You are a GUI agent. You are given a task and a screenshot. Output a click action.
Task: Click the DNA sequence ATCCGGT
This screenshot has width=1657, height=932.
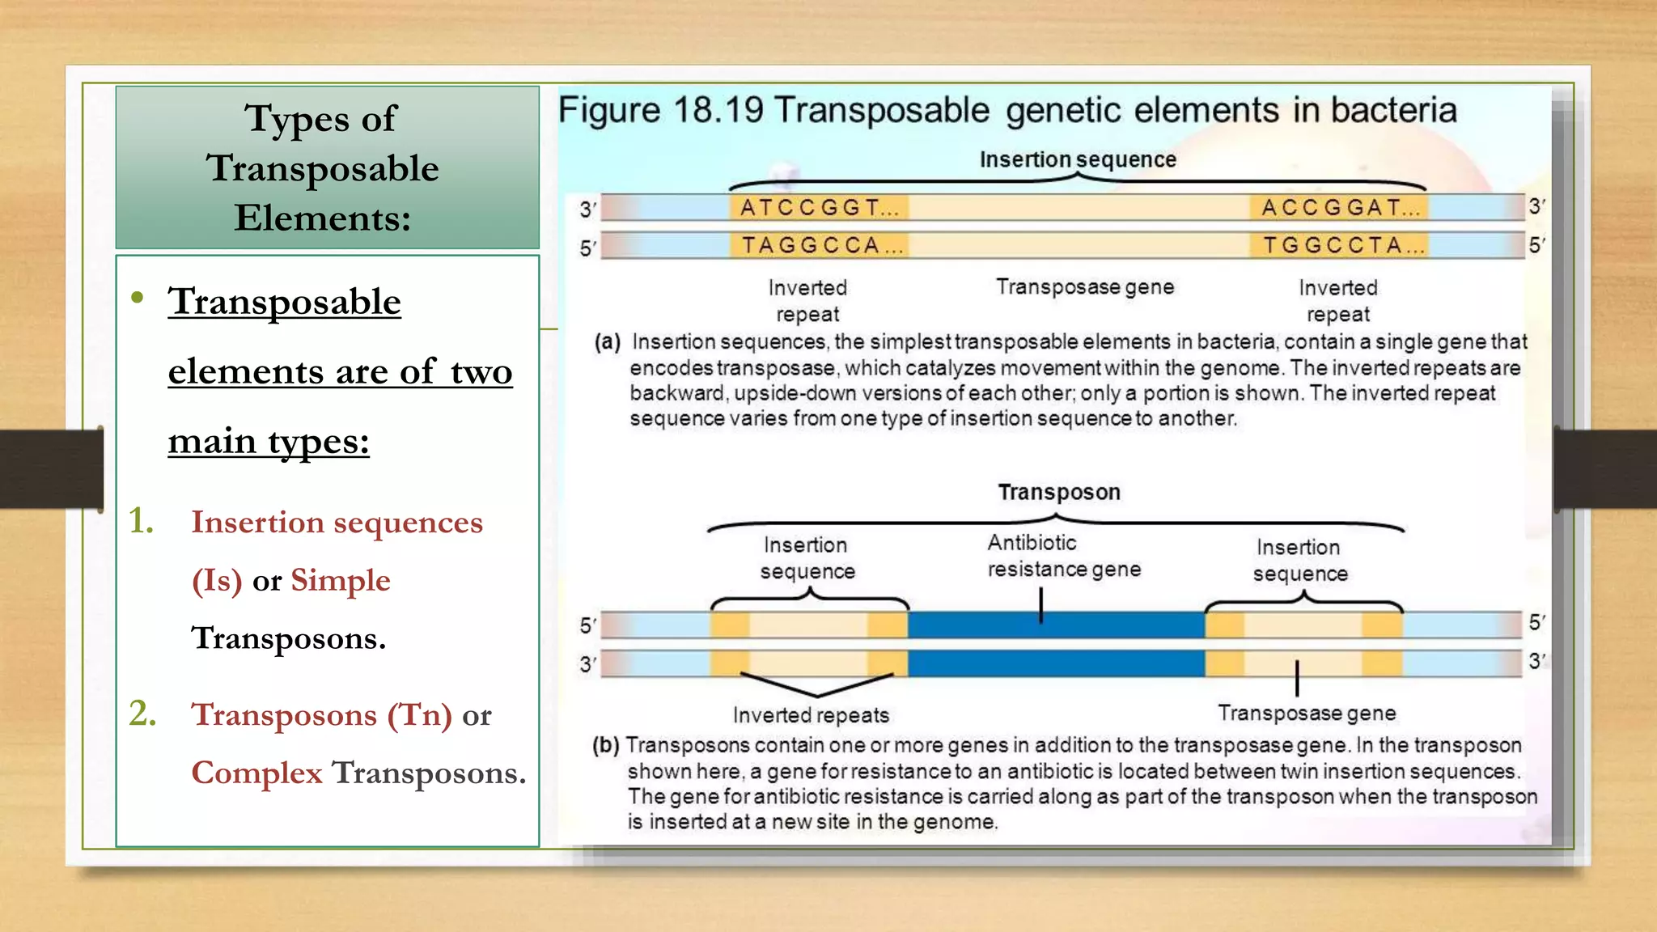pyautogui.click(x=817, y=208)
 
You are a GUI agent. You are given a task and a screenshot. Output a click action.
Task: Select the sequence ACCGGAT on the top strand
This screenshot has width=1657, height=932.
pyautogui.click(x=1338, y=208)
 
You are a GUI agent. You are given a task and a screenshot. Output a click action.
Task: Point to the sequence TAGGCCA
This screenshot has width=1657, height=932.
pyautogui.click(x=817, y=245)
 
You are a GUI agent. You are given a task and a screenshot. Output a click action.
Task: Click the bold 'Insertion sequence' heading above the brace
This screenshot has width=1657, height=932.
pyautogui.click(x=1078, y=159)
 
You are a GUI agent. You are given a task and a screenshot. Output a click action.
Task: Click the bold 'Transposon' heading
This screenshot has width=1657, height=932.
pyautogui.click(x=1059, y=492)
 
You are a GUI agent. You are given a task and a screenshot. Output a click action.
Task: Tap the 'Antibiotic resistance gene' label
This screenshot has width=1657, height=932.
pyautogui.click(x=1063, y=556)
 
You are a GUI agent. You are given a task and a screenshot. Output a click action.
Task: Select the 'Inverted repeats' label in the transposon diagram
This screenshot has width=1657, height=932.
pyautogui.click(x=811, y=715)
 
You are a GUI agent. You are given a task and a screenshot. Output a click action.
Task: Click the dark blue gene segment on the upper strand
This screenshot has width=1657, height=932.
pyautogui.click(x=1056, y=625)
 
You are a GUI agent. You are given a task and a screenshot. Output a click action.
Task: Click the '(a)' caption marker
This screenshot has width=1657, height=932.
pyautogui.click(x=608, y=341)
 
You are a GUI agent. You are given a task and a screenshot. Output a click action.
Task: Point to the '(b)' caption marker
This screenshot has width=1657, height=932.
pyautogui.click(x=606, y=744)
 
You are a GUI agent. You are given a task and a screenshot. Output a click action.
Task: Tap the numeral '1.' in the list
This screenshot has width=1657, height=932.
pyautogui.click(x=142, y=521)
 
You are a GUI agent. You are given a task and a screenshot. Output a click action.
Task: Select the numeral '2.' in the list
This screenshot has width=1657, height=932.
pyautogui.click(x=142, y=714)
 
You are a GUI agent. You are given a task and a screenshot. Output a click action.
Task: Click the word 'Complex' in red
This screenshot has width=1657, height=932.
pyautogui.click(x=256, y=773)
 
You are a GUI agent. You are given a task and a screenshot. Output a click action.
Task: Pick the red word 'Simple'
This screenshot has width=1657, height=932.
pyautogui.click(x=340, y=580)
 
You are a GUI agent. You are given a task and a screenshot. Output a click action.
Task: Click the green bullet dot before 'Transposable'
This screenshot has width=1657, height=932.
pyautogui.click(x=138, y=298)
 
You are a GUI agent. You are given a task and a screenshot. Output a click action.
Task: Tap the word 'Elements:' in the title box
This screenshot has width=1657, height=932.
pyautogui.click(x=323, y=218)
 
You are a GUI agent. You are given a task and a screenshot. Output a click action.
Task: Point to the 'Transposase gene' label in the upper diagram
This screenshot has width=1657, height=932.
pyautogui.click(x=1084, y=287)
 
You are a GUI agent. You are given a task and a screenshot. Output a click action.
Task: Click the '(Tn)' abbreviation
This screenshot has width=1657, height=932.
pyautogui.click(x=419, y=714)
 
